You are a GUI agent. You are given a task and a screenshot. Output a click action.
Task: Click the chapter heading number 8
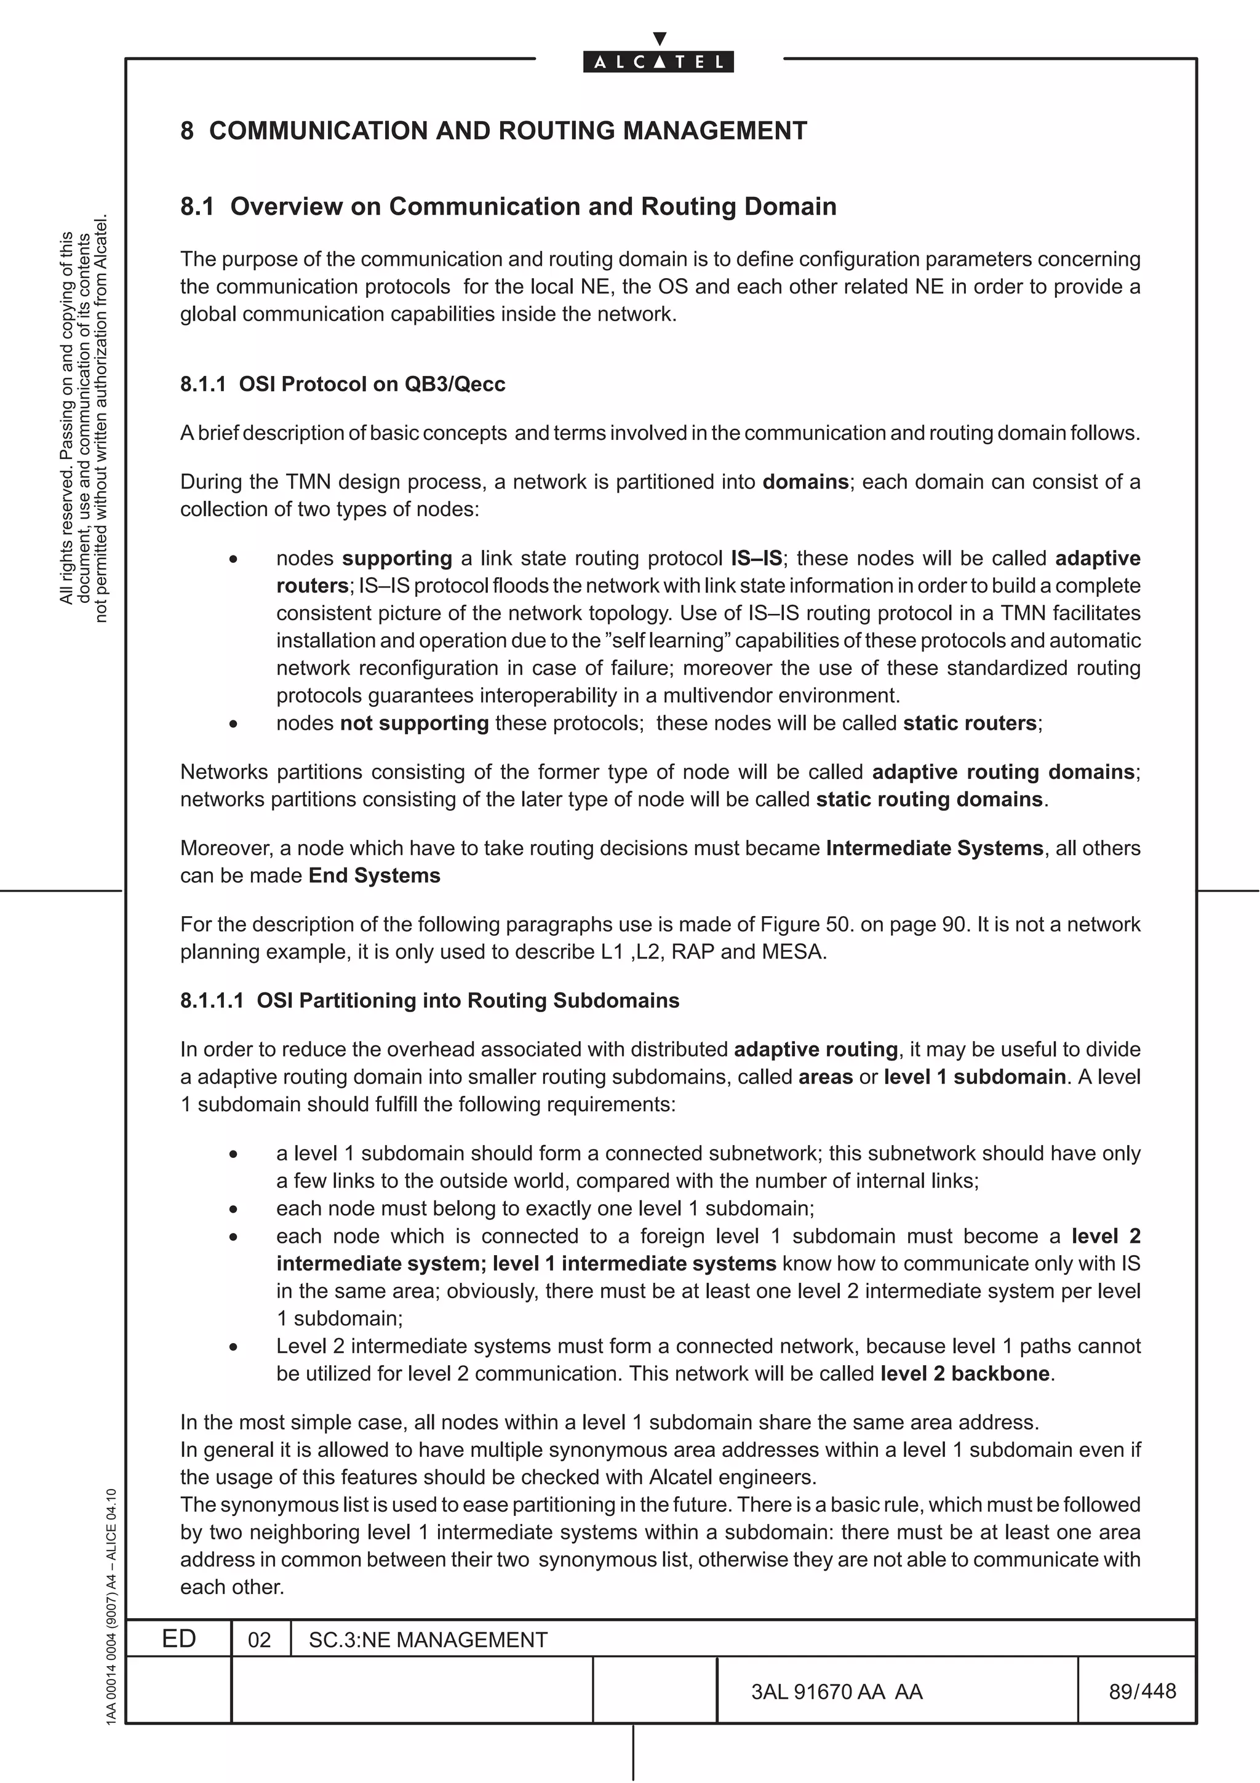coord(187,130)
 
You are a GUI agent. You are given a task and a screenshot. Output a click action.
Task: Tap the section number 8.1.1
coord(202,385)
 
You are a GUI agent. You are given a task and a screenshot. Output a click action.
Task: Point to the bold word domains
coord(805,482)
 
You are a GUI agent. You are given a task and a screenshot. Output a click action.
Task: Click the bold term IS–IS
coord(756,559)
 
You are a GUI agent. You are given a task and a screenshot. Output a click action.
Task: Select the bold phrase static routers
coord(970,723)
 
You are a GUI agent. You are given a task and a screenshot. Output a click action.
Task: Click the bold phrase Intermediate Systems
coord(934,848)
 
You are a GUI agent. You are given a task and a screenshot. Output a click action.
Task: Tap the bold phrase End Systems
coord(374,876)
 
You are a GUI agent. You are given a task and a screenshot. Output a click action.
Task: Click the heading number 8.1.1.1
coord(212,1001)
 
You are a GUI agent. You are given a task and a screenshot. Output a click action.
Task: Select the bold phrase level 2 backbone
coord(965,1374)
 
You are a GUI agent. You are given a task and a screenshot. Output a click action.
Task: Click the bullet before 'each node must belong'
coord(233,1209)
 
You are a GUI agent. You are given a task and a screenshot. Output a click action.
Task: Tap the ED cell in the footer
coord(178,1639)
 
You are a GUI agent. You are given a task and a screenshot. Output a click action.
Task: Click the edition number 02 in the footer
coord(259,1640)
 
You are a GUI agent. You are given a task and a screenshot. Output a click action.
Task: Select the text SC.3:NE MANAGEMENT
coord(428,1640)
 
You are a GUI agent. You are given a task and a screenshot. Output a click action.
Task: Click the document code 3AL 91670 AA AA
coord(836,1691)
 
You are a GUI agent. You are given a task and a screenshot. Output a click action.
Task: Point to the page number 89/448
coord(1142,1691)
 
